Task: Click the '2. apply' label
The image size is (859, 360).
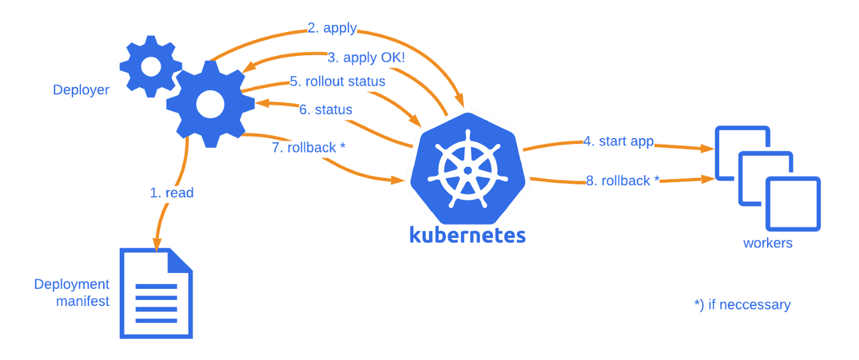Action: point(332,28)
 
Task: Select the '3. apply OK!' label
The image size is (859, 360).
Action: point(366,58)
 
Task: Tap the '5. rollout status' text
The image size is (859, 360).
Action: point(337,82)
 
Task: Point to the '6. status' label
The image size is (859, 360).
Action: point(326,110)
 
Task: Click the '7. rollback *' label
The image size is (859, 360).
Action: point(309,148)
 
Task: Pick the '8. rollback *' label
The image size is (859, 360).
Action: point(623,180)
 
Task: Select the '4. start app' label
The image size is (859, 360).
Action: point(618,142)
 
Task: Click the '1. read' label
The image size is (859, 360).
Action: point(172,193)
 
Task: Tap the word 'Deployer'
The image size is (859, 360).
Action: point(81,90)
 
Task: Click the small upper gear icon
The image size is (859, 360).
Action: point(151,67)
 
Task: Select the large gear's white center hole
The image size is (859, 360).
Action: point(210,104)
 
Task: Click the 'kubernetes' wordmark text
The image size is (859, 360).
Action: point(468,235)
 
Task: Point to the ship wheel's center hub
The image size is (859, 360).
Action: point(468,170)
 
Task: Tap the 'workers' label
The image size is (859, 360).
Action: point(768,243)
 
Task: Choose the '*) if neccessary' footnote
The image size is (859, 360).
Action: point(742,305)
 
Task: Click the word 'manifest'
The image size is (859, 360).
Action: point(82,301)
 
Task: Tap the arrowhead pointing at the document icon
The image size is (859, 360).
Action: point(157,244)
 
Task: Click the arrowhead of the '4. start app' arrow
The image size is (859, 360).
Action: point(707,148)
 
